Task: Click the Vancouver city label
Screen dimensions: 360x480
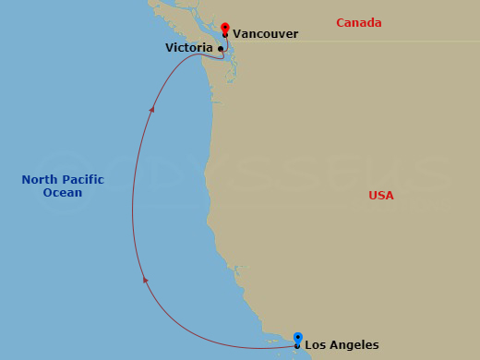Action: (x=265, y=34)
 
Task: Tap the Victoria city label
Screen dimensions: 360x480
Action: (x=189, y=47)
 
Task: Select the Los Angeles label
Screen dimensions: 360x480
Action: (x=342, y=345)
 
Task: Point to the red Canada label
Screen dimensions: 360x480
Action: (x=359, y=22)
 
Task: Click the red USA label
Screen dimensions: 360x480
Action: (x=381, y=195)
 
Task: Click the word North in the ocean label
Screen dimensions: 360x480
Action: (x=41, y=180)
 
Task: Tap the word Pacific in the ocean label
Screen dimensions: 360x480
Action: (x=84, y=180)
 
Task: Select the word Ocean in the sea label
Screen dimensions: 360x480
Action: (x=62, y=193)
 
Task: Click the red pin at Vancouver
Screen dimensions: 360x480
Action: (x=225, y=29)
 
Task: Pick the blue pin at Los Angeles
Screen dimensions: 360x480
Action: (x=297, y=338)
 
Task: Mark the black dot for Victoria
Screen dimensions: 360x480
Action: (x=220, y=48)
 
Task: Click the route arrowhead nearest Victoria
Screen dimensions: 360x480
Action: (x=152, y=109)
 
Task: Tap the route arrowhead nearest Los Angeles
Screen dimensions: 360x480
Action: (x=144, y=278)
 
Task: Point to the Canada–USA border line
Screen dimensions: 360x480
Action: (x=369, y=41)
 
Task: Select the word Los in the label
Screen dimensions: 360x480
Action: (x=314, y=345)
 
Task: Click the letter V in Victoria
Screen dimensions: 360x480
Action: (x=170, y=47)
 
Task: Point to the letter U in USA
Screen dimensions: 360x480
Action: (x=373, y=195)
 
